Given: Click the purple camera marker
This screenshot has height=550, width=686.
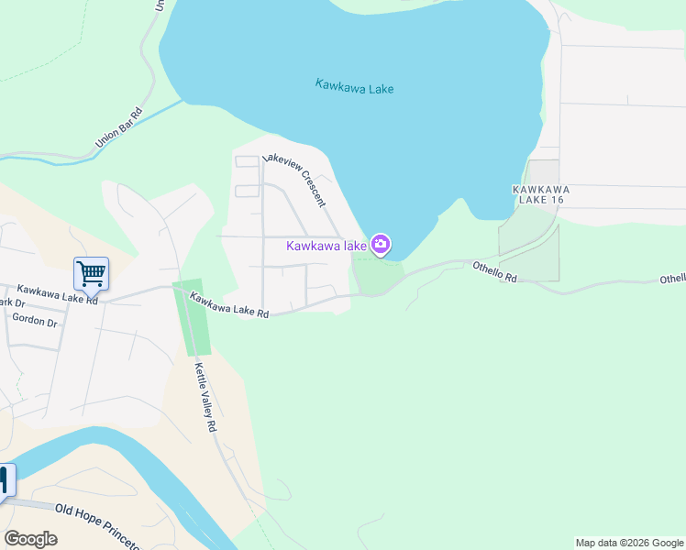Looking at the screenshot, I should pos(382,245).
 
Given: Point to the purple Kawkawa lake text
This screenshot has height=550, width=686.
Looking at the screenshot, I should pos(326,246).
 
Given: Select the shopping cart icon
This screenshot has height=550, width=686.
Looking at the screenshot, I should pos(91,273).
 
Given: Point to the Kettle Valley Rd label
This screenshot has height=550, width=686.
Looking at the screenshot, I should pos(205,397).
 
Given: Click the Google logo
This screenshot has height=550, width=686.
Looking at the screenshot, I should pos(30,539).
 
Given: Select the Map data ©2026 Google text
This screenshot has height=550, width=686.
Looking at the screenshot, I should pos(628,543).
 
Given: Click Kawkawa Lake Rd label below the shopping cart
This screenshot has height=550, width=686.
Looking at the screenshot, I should pos(56,292).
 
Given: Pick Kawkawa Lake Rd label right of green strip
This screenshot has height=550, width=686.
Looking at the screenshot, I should pos(229,305).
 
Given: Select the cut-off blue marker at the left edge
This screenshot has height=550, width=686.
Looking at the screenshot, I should pos(6,480).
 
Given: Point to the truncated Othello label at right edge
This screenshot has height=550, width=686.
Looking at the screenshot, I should pos(672,279).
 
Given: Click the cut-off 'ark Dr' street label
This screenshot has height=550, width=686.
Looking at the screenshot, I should pos(11,302).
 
